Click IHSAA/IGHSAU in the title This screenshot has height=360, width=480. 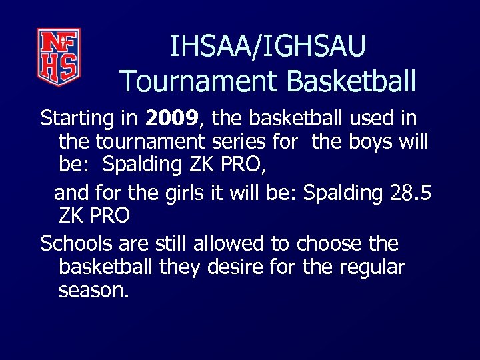click(x=267, y=47)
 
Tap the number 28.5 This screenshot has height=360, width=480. click(x=409, y=193)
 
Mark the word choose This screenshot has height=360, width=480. click(x=326, y=244)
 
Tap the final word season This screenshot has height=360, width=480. click(x=93, y=291)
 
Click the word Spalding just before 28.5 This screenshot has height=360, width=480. click(x=343, y=193)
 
